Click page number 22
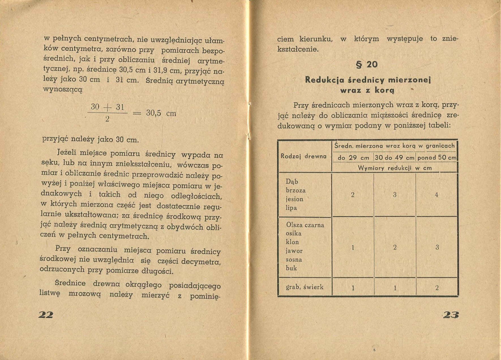click(46, 314)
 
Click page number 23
click(451, 315)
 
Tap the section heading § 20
click(367, 65)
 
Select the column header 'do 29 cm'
click(353, 158)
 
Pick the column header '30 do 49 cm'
click(395, 158)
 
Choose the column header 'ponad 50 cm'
click(437, 158)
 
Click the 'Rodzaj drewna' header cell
click(303, 156)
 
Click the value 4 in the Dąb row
click(436, 195)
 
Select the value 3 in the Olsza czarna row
click(437, 247)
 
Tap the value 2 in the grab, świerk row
click(437, 288)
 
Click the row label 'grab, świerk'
click(305, 287)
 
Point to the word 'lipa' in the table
click(291, 208)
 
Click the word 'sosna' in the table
click(294, 260)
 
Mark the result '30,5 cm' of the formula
click(161, 113)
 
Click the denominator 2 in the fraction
click(107, 119)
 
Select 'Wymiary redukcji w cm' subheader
click(395, 168)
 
